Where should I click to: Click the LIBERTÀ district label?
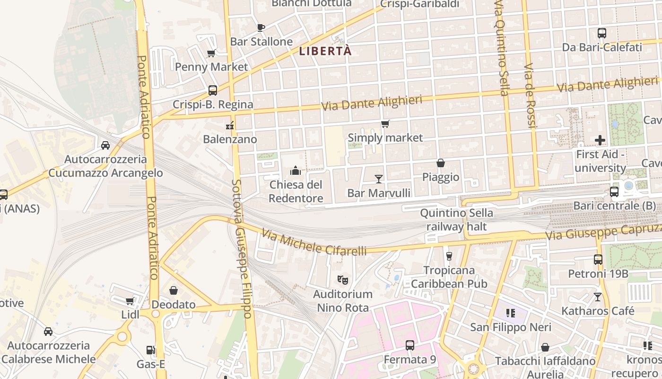pyautogui.click(x=326, y=51)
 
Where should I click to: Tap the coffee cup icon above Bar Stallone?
pyautogui.click(x=261, y=27)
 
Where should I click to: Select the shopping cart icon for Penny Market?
pyautogui.click(x=211, y=53)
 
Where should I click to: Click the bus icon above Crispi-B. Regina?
pyautogui.click(x=213, y=90)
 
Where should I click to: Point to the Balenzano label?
pyautogui.click(x=230, y=139)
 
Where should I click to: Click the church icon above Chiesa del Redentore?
pyautogui.click(x=296, y=171)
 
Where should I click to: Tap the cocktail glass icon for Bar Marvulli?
pyautogui.click(x=379, y=179)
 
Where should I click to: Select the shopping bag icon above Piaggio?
pyautogui.click(x=441, y=163)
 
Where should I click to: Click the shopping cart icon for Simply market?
pyautogui.click(x=385, y=124)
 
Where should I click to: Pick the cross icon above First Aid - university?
pyautogui.click(x=600, y=140)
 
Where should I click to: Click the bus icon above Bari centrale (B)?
pyautogui.click(x=614, y=192)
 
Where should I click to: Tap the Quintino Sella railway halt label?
pyautogui.click(x=456, y=220)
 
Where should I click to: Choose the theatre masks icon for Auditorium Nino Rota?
pyautogui.click(x=343, y=280)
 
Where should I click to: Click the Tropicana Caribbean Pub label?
pyautogui.click(x=449, y=277)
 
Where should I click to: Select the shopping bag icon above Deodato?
pyautogui.click(x=174, y=290)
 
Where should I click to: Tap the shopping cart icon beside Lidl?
pyautogui.click(x=130, y=301)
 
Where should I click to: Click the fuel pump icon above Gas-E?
pyautogui.click(x=151, y=350)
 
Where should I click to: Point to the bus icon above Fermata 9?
pyautogui.click(x=410, y=345)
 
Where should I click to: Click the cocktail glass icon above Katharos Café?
pyautogui.click(x=598, y=297)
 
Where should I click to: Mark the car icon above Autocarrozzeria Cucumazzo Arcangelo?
pyautogui.click(x=105, y=145)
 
